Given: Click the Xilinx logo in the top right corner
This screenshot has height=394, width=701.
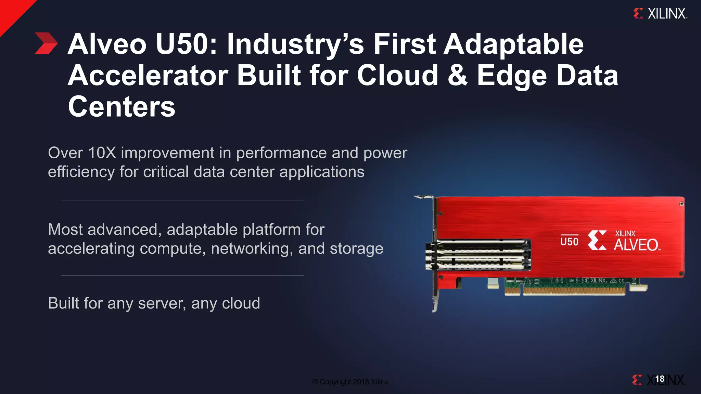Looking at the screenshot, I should pyautogui.click(x=660, y=14).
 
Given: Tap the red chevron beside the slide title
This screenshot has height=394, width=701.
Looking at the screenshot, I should pyautogui.click(x=46, y=43).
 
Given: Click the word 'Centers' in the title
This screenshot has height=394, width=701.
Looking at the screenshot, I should pyautogui.click(x=122, y=107).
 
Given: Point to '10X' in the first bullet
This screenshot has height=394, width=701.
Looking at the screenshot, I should pyautogui.click(x=102, y=153).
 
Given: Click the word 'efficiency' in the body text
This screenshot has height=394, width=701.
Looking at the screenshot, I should pyautogui.click(x=81, y=172).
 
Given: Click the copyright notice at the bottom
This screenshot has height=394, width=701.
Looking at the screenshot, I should pyautogui.click(x=350, y=382).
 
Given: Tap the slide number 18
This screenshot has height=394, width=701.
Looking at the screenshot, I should pyautogui.click(x=660, y=379).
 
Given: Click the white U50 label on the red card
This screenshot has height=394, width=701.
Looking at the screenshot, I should pyautogui.click(x=569, y=241).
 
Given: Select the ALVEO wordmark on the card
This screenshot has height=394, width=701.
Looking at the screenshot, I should pyautogui.click(x=636, y=245).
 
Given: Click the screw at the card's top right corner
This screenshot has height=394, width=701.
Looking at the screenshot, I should pyautogui.click(x=681, y=204).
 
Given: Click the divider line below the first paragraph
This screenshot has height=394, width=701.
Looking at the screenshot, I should pyautogui.click(x=182, y=200).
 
